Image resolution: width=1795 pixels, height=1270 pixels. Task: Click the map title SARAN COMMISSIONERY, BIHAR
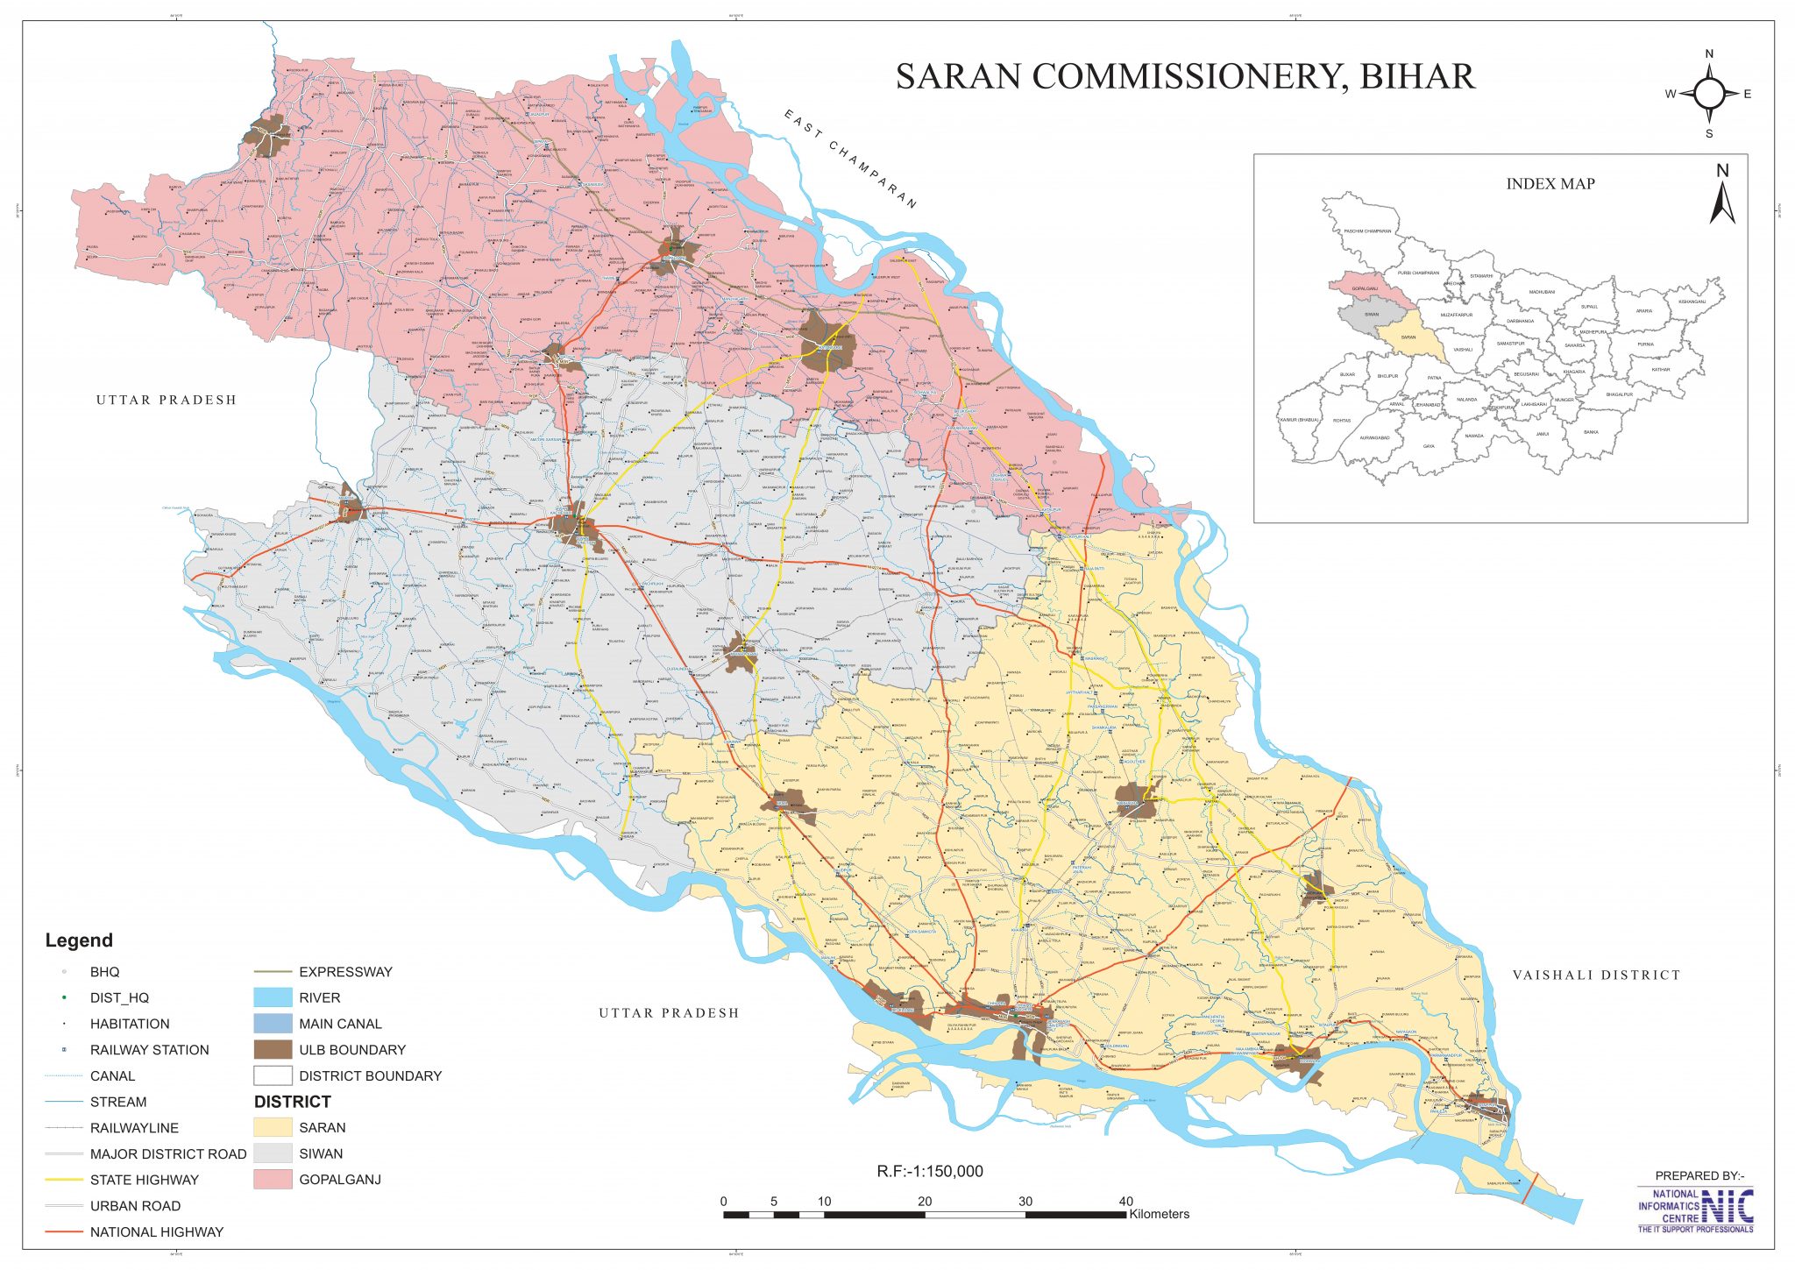tap(1185, 77)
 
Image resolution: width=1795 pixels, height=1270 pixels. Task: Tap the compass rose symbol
tap(1708, 94)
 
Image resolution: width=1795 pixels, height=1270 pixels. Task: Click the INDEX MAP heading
tap(1550, 184)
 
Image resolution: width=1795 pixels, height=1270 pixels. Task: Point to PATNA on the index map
tap(1434, 378)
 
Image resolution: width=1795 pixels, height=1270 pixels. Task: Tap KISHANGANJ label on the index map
tap(1692, 302)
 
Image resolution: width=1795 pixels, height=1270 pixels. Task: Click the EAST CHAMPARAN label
tap(849, 159)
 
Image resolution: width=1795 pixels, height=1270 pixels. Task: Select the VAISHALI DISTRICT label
tap(1596, 975)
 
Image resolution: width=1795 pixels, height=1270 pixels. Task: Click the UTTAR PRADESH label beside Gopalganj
tap(167, 400)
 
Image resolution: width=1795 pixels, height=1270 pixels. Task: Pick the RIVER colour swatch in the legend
tap(273, 997)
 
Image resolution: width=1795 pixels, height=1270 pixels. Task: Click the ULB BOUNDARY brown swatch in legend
tap(273, 1049)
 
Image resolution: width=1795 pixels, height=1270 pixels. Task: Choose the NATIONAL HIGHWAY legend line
tap(64, 1231)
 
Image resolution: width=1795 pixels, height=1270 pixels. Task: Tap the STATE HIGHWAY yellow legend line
tap(64, 1180)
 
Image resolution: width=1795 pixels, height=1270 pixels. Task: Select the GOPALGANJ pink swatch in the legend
tap(273, 1179)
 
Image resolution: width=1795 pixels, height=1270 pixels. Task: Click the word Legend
tap(79, 940)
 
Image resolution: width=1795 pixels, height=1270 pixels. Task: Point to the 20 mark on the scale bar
tap(925, 1202)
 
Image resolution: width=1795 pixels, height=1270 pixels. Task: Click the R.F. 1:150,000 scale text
tap(930, 1171)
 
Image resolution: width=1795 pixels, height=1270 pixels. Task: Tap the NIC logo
tap(1727, 1207)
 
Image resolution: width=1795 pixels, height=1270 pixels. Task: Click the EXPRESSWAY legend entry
tap(345, 971)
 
